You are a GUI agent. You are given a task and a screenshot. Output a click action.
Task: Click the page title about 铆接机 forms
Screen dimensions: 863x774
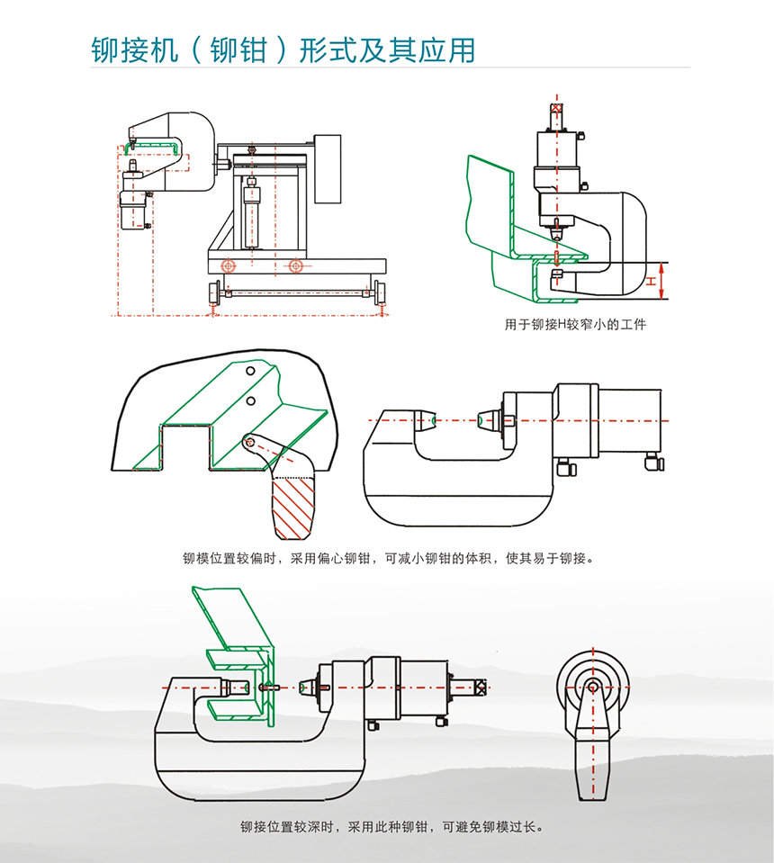pos(283,49)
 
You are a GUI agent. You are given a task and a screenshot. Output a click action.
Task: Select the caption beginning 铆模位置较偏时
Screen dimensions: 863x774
pos(388,559)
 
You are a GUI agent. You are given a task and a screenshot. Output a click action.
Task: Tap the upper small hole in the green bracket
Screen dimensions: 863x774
pos(252,370)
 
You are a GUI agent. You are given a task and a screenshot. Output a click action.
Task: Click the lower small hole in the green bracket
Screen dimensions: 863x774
pos(252,400)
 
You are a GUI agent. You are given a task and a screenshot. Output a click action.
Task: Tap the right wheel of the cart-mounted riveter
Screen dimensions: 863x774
pos(379,293)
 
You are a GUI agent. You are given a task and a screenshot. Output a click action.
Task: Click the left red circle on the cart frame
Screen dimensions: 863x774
pos(229,265)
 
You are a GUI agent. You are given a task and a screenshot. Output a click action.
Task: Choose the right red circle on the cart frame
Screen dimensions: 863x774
pos(295,265)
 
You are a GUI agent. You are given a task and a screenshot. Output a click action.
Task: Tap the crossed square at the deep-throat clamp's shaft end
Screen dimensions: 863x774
pos(482,688)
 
